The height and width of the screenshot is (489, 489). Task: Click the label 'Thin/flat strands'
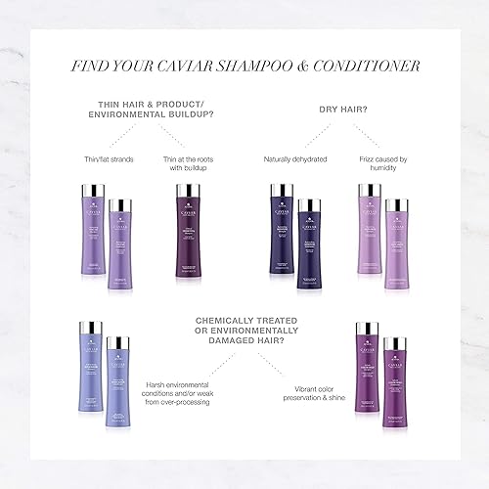[105, 158]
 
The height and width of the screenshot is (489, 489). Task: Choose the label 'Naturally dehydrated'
[295, 158]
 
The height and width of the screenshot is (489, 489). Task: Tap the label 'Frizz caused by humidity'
[381, 164]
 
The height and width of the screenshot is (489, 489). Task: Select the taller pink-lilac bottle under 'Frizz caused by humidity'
[369, 233]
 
